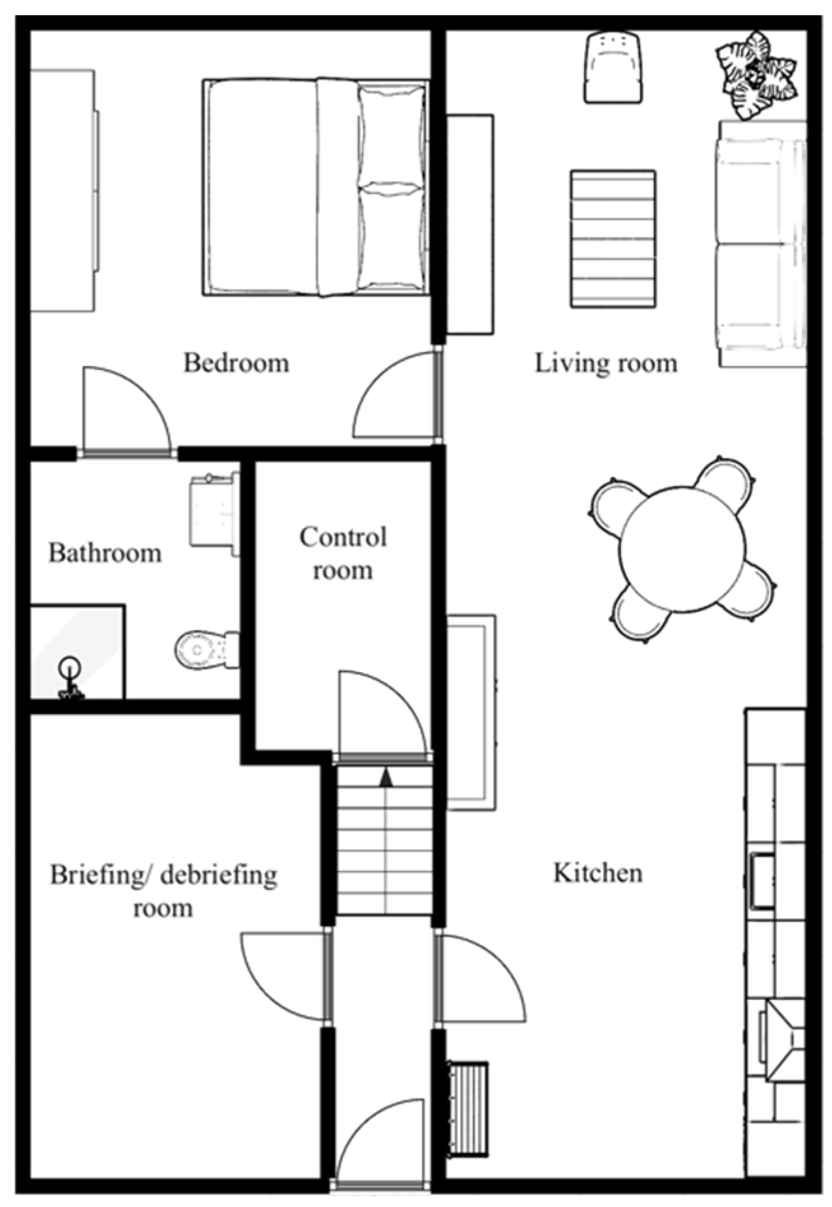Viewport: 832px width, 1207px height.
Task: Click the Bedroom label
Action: (x=236, y=363)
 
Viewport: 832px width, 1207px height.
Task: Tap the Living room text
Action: (x=606, y=364)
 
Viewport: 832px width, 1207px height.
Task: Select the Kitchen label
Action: (x=597, y=873)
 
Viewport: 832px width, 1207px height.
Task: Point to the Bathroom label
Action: (x=105, y=553)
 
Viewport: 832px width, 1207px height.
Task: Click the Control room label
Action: (x=343, y=553)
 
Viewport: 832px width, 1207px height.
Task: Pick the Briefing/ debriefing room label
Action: (x=163, y=891)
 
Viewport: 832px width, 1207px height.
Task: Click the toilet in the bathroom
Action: (x=206, y=650)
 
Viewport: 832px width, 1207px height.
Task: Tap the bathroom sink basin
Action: (x=214, y=509)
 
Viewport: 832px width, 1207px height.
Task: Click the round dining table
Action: (x=682, y=549)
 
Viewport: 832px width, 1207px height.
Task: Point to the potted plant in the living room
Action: (x=756, y=74)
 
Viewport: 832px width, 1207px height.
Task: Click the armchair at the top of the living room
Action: (x=613, y=68)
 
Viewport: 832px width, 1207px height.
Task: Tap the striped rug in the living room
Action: (x=613, y=238)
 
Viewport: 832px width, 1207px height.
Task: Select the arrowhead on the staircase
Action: (x=386, y=777)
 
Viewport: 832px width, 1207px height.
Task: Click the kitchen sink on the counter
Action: (x=763, y=880)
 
